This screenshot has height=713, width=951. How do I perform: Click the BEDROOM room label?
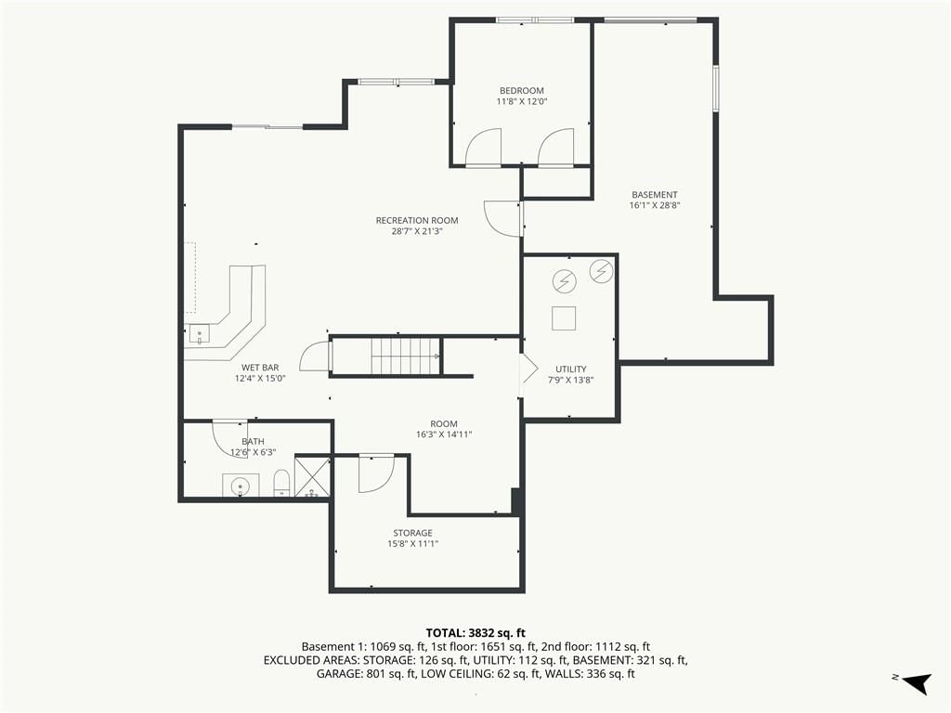(522, 91)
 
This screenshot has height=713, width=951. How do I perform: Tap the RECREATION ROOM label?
(417, 221)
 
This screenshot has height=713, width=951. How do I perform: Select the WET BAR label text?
(260, 368)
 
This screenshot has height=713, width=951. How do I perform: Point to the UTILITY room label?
(571, 369)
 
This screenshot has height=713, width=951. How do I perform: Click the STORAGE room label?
(412, 533)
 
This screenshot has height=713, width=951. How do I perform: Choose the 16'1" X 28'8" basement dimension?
(655, 205)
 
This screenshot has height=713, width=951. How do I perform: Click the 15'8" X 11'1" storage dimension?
(412, 544)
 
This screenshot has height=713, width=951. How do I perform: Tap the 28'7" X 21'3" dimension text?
(417, 231)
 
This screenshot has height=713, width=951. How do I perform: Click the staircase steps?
(406, 356)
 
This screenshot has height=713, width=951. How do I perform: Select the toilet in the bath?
(281, 484)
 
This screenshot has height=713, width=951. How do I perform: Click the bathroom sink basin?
(241, 486)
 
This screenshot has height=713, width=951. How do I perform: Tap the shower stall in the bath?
(312, 476)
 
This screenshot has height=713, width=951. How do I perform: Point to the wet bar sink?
(199, 334)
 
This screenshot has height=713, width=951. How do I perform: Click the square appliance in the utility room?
(564, 318)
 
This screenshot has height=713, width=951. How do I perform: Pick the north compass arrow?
(917, 683)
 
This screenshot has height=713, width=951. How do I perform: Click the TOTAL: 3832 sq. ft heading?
(475, 633)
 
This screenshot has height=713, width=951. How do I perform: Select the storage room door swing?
(376, 473)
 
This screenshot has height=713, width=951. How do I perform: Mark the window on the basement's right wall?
(716, 88)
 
